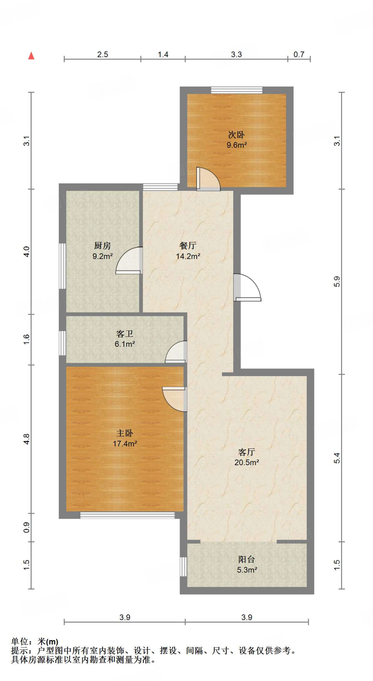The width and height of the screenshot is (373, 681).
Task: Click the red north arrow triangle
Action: tap(31, 56)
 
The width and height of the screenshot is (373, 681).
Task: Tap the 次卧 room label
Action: tap(236, 135)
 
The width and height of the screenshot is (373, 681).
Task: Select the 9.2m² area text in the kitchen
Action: tap(102, 256)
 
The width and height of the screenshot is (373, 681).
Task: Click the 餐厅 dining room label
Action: tap(188, 246)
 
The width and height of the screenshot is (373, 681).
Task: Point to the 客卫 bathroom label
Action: tap(125, 334)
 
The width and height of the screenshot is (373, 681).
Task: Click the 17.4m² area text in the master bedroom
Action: tap(125, 444)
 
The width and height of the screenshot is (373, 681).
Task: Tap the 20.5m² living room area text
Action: tap(247, 463)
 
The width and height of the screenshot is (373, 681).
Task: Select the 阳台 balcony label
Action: tap(247, 560)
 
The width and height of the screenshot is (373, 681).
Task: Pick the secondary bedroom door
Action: tap(208, 180)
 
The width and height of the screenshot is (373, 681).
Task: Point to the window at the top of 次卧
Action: tap(237, 90)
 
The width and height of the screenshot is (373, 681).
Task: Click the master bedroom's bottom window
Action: tap(127, 515)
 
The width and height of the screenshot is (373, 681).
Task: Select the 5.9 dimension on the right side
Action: tap(337, 281)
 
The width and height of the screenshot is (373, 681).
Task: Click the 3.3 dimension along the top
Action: tap(236, 55)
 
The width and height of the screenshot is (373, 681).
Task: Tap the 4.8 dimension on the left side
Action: tap(27, 439)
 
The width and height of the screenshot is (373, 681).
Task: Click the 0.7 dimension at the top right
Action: tap(299, 55)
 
